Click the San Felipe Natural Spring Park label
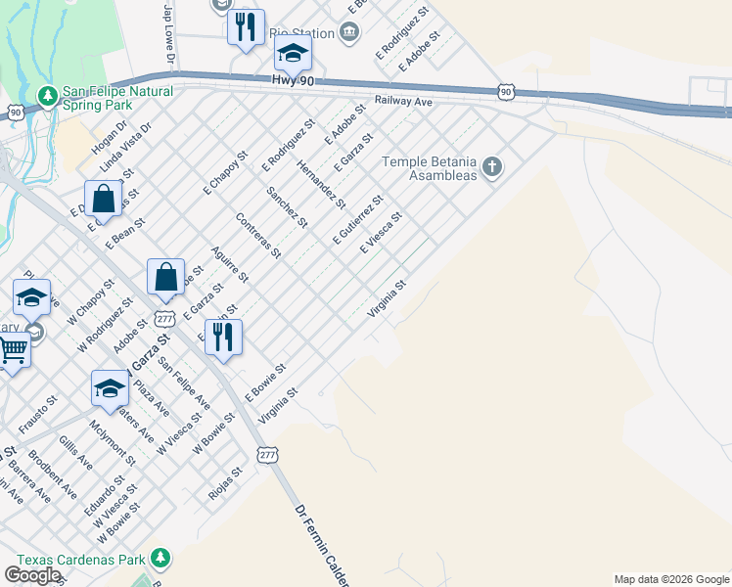pyautogui.click(x=117, y=99)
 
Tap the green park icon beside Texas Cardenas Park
pyautogui.click(x=160, y=560)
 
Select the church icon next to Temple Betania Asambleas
pyautogui.click(x=492, y=168)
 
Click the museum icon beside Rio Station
pyautogui.click(x=349, y=33)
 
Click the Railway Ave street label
pyautogui.click(x=404, y=102)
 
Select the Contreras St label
pyautogui.click(x=258, y=236)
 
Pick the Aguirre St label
pyautogui.click(x=230, y=262)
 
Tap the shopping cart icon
pyautogui.click(x=13, y=348)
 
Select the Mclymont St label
pyautogui.click(x=113, y=441)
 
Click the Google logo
pyautogui.click(x=33, y=574)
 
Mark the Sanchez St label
pyautogui.click(x=287, y=206)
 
